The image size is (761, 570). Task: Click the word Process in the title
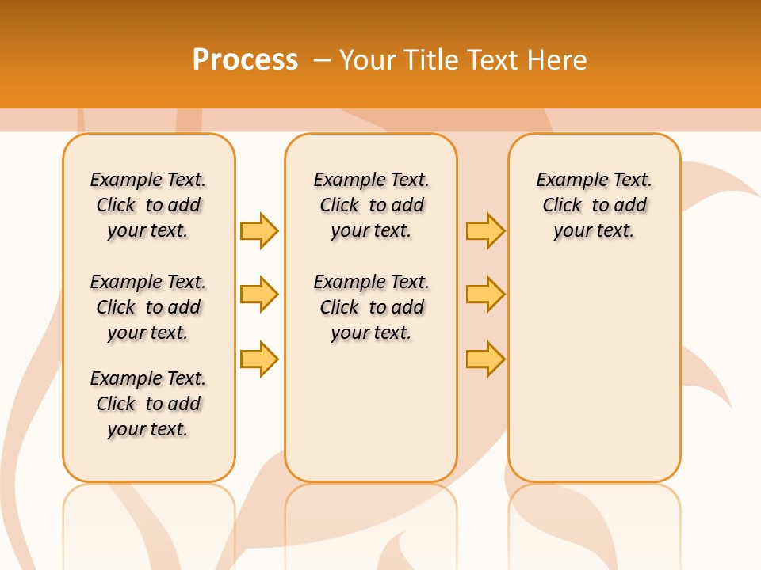tap(245, 59)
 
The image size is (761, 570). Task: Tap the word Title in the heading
tap(434, 59)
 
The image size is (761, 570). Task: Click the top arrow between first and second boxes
tap(259, 230)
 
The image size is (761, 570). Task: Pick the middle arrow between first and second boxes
tap(259, 294)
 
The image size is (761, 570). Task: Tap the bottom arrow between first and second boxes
tap(259, 359)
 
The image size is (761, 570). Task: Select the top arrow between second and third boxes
tap(485, 230)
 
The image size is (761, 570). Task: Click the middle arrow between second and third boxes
tap(485, 294)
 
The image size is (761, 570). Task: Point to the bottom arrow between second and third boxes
tap(485, 359)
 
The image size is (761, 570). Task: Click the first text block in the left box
tap(148, 205)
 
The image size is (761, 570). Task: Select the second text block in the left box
tap(148, 307)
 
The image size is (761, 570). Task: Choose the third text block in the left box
tap(148, 404)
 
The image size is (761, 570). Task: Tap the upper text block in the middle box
tap(371, 205)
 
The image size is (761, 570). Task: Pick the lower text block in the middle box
tap(371, 307)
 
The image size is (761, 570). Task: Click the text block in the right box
tap(594, 205)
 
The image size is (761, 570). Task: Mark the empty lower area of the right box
tap(594, 364)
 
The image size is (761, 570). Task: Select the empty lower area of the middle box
tap(371, 412)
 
